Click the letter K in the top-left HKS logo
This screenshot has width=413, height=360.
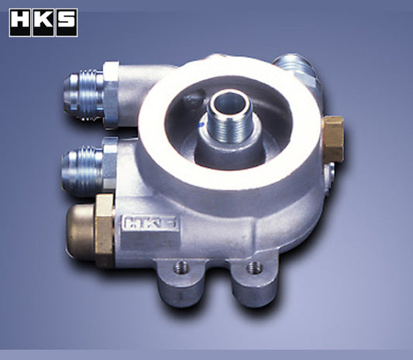coord(43,23)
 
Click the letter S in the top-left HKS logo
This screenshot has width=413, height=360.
coord(66,23)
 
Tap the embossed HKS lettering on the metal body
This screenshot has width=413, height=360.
coord(149,224)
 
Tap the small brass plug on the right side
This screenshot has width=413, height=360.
coord(334,139)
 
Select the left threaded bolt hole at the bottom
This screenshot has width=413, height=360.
coord(180,266)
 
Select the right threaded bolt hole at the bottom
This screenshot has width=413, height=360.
coord(253,268)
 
